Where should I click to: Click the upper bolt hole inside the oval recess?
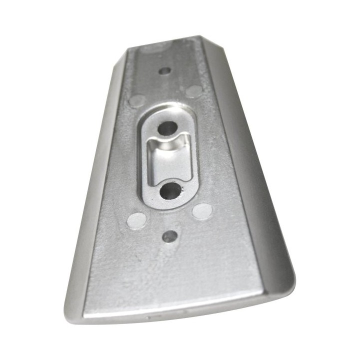pyautogui.click(x=167, y=128)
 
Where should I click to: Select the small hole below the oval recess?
pyautogui.click(x=170, y=236)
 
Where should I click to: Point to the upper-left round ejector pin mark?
pyautogui.click(x=136, y=100)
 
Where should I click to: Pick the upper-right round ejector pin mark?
pyautogui.click(x=194, y=91)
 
